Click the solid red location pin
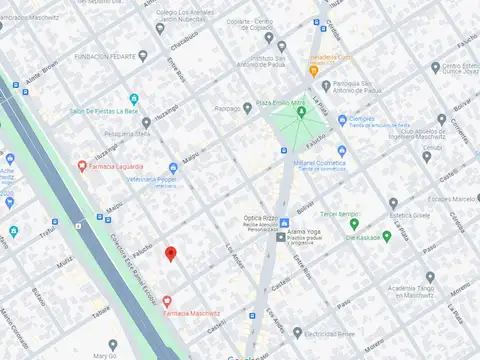point(171,253)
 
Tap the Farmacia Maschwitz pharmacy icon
point(167,300)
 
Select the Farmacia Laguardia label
point(117,166)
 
